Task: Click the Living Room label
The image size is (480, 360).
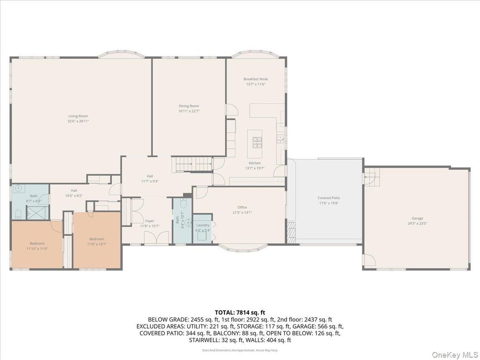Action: pos(77,116)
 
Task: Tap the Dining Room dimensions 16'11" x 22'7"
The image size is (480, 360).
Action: pos(189,111)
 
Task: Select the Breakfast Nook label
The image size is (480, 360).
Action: pos(256,79)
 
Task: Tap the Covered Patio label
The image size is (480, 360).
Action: pos(329,197)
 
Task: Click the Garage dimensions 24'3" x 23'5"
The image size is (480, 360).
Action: pos(417,223)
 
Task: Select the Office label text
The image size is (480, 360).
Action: pos(242,207)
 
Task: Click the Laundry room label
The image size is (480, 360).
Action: pos(203,225)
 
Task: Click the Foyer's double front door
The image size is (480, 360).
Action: pos(159,237)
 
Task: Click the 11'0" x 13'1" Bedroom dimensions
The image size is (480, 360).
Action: pos(97,244)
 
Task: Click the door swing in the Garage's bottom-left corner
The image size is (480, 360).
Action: pos(369,260)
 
